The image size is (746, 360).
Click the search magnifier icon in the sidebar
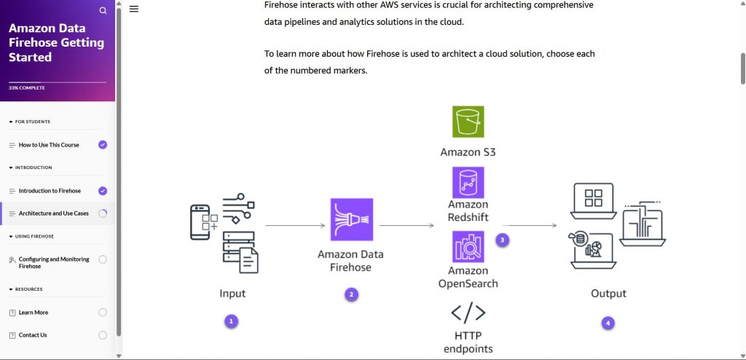pyautogui.click(x=103, y=11)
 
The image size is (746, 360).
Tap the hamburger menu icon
pyautogui.click(x=134, y=9)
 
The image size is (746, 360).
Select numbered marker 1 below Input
pyautogui.click(x=231, y=321)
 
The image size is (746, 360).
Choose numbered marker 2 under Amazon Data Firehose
pyautogui.click(x=351, y=294)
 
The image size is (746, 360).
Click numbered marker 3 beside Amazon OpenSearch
pyautogui.click(x=501, y=239)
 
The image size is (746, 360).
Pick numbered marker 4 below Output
pyautogui.click(x=608, y=322)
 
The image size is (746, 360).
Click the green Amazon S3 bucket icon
pyautogui.click(x=468, y=122)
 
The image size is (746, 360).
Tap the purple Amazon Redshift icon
pyautogui.click(x=468, y=182)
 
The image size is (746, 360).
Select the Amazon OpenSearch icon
pyautogui.click(x=468, y=246)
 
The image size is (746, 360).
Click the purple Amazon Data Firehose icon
pyautogui.click(x=351, y=219)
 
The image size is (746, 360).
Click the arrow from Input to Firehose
pyautogui.click(x=294, y=226)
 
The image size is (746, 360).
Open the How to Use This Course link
pyautogui.click(x=49, y=145)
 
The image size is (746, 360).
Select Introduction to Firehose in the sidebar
pyautogui.click(x=50, y=191)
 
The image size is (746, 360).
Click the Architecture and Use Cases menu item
pyautogui.click(x=53, y=214)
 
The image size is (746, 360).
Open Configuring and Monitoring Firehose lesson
pyautogui.click(x=54, y=262)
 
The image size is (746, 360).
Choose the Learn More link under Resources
pyautogui.click(x=34, y=313)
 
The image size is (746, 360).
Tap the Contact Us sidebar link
pyautogui.click(x=33, y=335)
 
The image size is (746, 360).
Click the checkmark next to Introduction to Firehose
pyautogui.click(x=103, y=191)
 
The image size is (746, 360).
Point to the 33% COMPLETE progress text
pyautogui.click(x=27, y=87)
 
